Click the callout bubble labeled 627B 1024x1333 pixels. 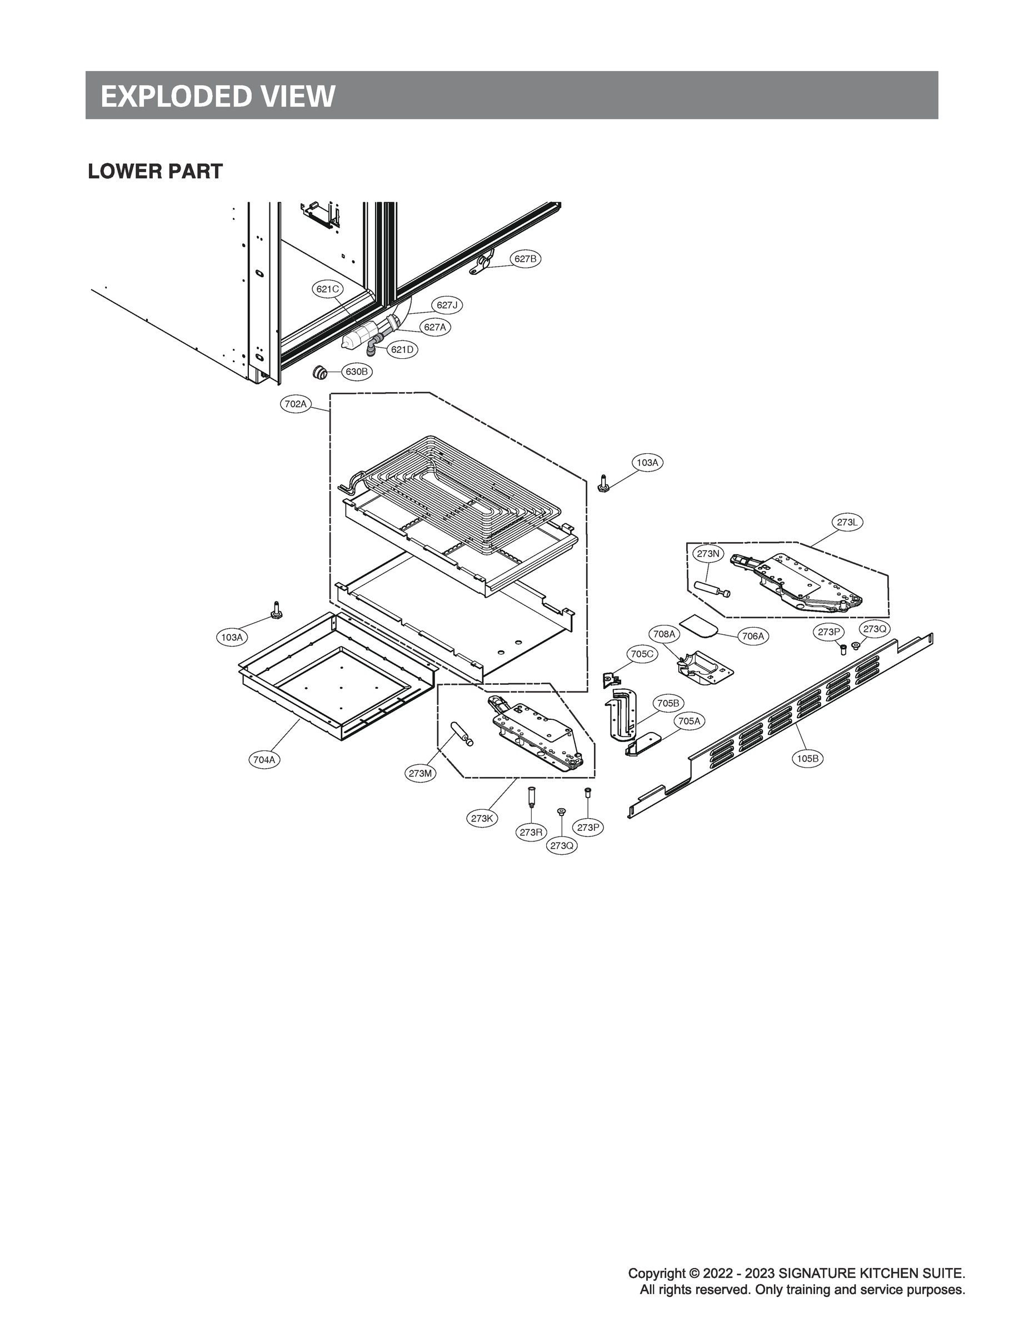pyautogui.click(x=525, y=259)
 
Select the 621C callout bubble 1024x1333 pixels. pyautogui.click(x=327, y=289)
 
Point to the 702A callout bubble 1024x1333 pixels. pyautogui.click(x=296, y=403)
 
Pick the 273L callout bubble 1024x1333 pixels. pyautogui.click(x=847, y=522)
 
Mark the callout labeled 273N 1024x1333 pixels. pyautogui.click(x=708, y=554)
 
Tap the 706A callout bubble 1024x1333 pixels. pyautogui.click(x=753, y=636)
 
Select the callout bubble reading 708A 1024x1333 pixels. pyautogui.click(x=665, y=634)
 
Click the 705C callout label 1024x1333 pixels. pyautogui.click(x=642, y=654)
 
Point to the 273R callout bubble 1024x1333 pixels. pyautogui.click(x=531, y=832)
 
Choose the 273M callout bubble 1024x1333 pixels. pyautogui.click(x=421, y=774)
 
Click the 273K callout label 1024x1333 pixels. pyautogui.click(x=482, y=818)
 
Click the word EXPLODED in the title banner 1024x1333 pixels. pyautogui.click(x=174, y=96)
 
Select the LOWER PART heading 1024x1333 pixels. pyautogui.click(x=156, y=172)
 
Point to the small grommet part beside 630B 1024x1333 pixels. pyautogui.click(x=318, y=371)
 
